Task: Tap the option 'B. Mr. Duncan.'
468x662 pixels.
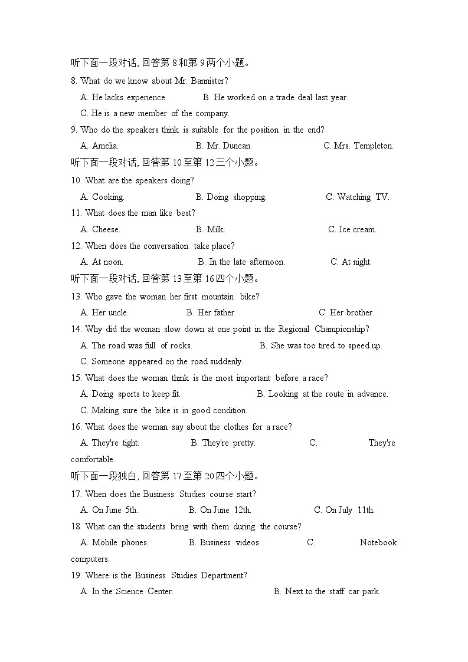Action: pos(224,146)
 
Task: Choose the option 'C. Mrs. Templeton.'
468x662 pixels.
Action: pos(358,146)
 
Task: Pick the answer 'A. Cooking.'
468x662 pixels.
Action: pos(102,197)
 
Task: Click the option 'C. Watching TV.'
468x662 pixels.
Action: pos(358,197)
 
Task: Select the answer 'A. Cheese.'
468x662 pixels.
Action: pos(100,229)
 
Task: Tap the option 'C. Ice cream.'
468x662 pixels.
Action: pos(352,229)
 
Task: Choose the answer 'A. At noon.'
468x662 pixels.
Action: pos(102,262)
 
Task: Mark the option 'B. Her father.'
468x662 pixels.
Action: pos(211,312)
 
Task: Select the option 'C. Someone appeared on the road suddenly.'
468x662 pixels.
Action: pos(162,361)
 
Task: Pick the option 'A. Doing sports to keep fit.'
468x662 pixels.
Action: pos(130,394)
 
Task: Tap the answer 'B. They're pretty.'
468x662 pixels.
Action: pos(223,443)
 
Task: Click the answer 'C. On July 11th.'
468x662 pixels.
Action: pos(344,510)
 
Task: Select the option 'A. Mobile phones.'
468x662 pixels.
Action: pos(114,542)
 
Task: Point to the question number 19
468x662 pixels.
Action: pos(76,575)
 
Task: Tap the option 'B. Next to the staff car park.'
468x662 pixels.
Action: pos(327,591)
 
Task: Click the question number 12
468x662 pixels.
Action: pos(76,246)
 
